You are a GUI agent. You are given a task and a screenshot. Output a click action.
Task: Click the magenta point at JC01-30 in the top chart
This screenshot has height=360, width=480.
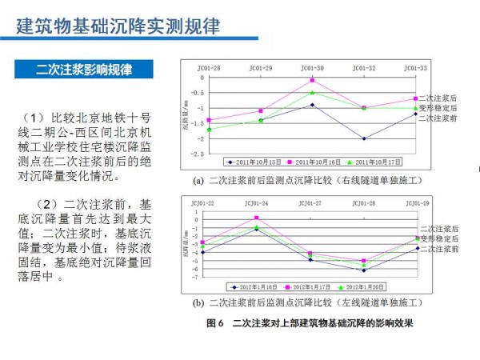[313, 80]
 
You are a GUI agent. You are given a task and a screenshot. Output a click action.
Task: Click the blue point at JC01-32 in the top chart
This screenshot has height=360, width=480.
[364, 138]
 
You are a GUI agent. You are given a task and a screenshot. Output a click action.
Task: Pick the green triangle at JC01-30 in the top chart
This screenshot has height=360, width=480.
[313, 93]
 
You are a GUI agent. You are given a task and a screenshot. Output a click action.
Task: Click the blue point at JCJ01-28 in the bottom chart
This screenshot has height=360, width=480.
[364, 270]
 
